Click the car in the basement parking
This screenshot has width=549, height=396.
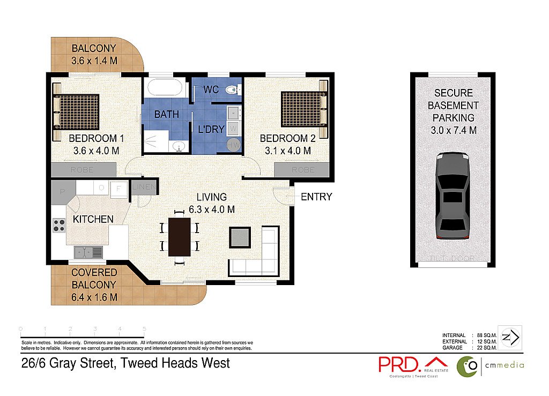[x=450, y=196]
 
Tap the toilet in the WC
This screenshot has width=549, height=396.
[x=232, y=89]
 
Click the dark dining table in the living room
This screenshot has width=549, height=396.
[x=179, y=236]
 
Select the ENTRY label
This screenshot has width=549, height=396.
[x=316, y=197]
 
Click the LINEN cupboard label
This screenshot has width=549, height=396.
[x=144, y=187]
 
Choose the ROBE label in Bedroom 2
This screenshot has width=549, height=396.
[x=303, y=170]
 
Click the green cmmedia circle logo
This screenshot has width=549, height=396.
[x=467, y=367]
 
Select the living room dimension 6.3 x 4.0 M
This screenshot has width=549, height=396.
[x=212, y=210]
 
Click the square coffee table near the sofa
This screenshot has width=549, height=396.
[x=239, y=236]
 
